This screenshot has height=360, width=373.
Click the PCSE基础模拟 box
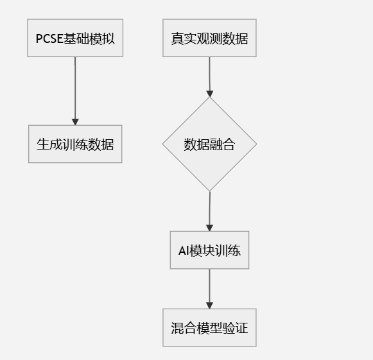pyautogui.click(x=75, y=38)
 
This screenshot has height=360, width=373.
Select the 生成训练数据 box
pyautogui.click(x=75, y=144)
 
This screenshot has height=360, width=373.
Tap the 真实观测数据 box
pyautogui.click(x=209, y=38)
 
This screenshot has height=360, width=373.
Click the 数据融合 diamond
pyautogui.click(x=209, y=144)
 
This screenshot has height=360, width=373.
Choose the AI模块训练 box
pyautogui.click(x=209, y=250)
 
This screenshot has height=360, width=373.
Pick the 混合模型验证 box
pyautogui.click(x=209, y=327)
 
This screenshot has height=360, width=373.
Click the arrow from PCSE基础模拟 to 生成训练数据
pyautogui.click(x=75, y=90)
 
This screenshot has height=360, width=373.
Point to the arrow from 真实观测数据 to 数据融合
pyautogui.click(x=209, y=76)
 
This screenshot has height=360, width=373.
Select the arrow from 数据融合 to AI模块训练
pyautogui.click(x=209, y=210)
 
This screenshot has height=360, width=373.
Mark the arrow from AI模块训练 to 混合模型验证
pyautogui.click(x=209, y=288)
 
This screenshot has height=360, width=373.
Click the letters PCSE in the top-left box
pyautogui.click(x=49, y=38)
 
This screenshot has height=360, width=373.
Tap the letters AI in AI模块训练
pyautogui.click(x=184, y=250)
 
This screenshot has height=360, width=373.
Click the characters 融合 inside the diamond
pyautogui.click(x=222, y=144)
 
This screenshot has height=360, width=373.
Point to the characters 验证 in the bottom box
pyautogui.click(x=235, y=327)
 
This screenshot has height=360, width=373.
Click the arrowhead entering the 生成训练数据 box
pyautogui.click(x=75, y=121)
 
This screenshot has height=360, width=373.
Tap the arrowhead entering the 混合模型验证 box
pyautogui.click(x=209, y=305)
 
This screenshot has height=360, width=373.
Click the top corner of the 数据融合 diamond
pyautogui.click(x=209, y=98)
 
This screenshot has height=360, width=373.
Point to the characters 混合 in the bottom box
pyautogui.click(x=184, y=327)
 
